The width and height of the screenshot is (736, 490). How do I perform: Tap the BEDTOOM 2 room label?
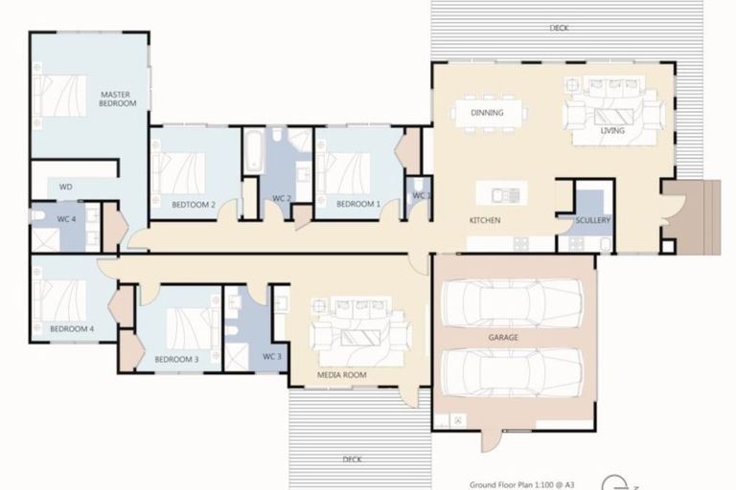pos(194,204)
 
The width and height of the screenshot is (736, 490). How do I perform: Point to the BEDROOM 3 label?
pos(176,359)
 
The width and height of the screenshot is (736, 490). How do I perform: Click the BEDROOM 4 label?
pos(72,329)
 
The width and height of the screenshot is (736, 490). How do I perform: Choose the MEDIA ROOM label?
pos(342,376)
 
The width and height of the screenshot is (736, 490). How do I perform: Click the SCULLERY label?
pos(593,221)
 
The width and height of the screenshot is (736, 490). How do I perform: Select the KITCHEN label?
pos(485,221)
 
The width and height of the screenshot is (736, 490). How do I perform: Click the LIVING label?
pos(612,131)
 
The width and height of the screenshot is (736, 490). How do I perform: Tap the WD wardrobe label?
pos(66,187)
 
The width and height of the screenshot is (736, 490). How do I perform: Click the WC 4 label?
pos(66,219)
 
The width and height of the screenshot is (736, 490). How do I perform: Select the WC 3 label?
pos(271,356)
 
